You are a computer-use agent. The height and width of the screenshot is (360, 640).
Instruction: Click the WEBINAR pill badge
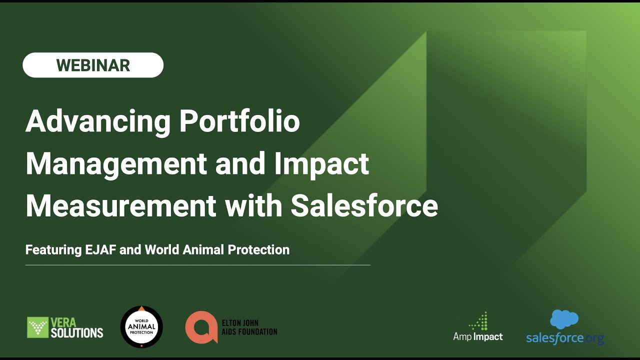tap(93, 65)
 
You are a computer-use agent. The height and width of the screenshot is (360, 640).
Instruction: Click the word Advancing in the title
tap(97, 121)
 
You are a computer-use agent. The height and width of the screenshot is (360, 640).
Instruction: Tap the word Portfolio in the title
tap(239, 121)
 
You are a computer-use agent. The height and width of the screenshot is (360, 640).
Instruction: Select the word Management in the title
tap(116, 163)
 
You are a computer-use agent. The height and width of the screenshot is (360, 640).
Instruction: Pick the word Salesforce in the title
tap(364, 205)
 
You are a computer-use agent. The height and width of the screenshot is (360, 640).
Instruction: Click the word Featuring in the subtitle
tap(52, 249)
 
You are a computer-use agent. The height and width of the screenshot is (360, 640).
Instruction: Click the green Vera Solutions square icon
tap(38, 327)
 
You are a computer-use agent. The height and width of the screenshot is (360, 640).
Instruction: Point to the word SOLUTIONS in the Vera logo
tap(77, 332)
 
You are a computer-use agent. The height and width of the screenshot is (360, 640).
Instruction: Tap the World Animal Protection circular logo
tap(141, 327)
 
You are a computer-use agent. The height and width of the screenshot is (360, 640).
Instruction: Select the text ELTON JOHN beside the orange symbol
tap(240, 323)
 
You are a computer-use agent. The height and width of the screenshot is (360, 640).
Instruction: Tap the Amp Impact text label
tap(477, 336)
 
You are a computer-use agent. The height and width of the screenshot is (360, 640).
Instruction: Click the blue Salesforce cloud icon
tap(564, 319)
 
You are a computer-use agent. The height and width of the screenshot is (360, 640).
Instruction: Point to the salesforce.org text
tap(564, 338)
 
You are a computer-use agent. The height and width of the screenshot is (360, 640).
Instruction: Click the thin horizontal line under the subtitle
tap(197, 265)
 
